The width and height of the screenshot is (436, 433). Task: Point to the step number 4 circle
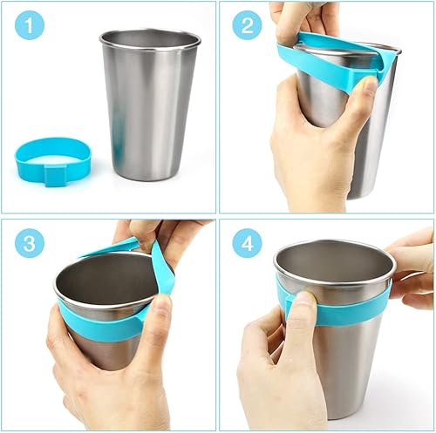247,243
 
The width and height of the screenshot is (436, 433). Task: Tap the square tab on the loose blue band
54,177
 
